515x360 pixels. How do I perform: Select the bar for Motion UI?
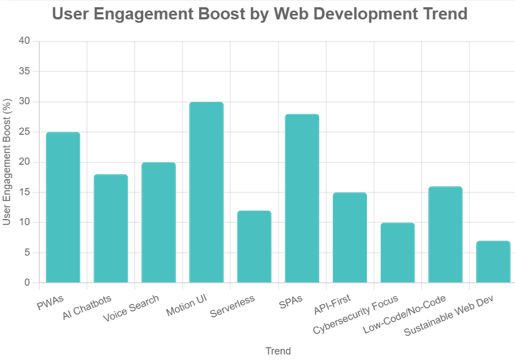coord(206,192)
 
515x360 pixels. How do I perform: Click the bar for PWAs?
coord(63,207)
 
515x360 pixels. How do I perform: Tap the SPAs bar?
coord(302,199)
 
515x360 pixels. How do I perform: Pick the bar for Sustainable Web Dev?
coord(493,262)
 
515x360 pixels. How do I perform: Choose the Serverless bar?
coord(254,247)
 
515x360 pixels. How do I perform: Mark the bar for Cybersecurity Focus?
coord(397,253)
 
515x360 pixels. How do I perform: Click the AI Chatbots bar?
coord(111,229)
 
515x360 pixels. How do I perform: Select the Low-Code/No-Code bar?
coord(445,235)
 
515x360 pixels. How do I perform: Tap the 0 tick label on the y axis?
coord(27,283)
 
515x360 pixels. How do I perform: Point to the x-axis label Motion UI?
coord(186,306)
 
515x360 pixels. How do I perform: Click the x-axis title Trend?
coord(278,351)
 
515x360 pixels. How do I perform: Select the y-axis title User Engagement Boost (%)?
coord(7,162)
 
